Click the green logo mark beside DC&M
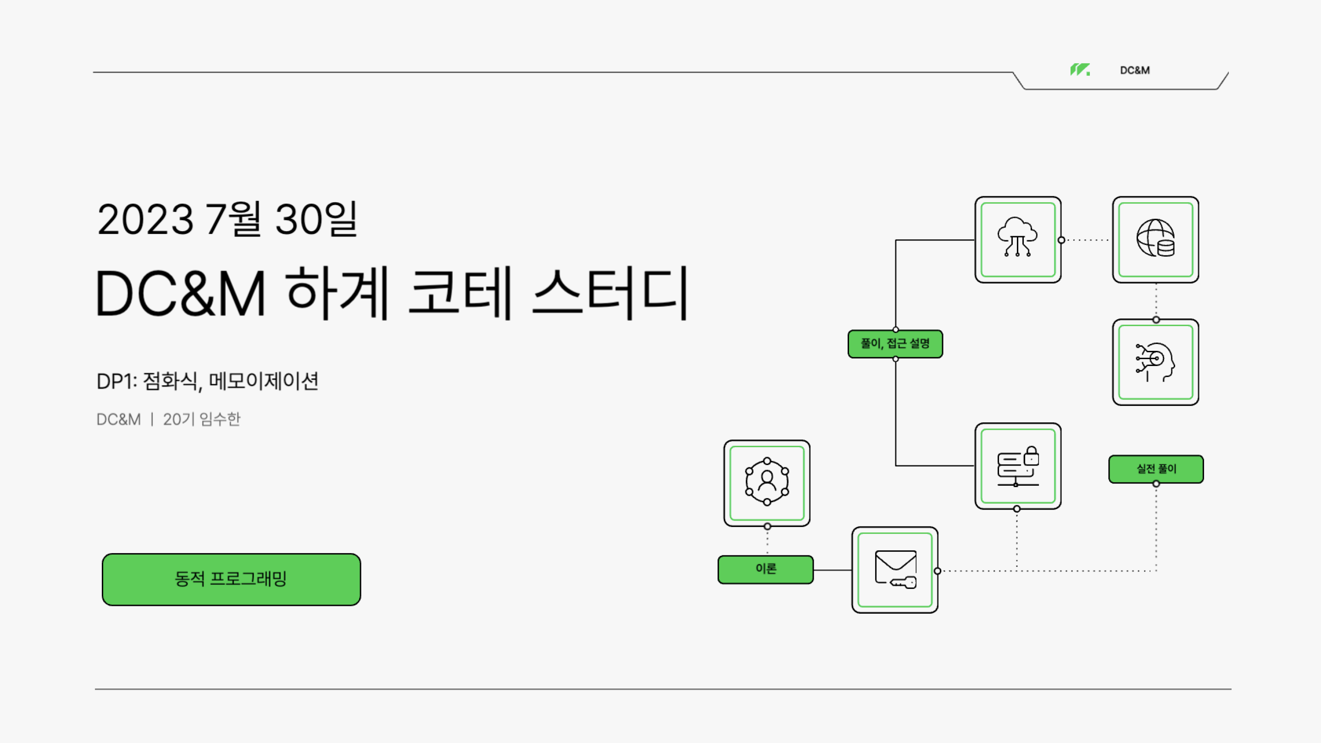(x=1079, y=70)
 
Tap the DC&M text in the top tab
(x=1134, y=70)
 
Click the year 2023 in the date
(x=145, y=220)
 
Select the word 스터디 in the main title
(x=610, y=294)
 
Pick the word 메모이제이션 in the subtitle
(x=264, y=381)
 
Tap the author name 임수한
(x=220, y=420)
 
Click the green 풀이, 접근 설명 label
(x=895, y=344)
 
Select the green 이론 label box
(x=766, y=569)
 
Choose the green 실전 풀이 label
(x=1156, y=469)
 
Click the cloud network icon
(x=1017, y=239)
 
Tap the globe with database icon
(x=1155, y=239)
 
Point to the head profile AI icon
(x=1155, y=362)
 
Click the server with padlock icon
(x=1017, y=466)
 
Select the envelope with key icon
(x=895, y=570)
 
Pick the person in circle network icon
(x=766, y=482)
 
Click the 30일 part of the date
(x=316, y=220)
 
